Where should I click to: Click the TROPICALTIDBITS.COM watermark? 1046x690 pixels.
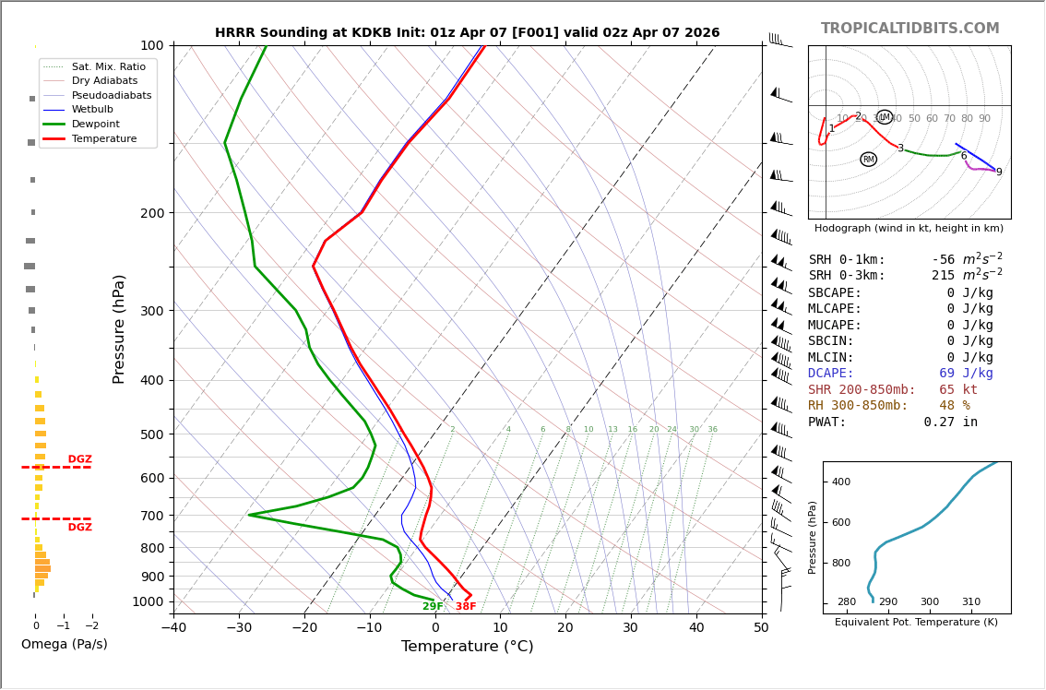[909, 29]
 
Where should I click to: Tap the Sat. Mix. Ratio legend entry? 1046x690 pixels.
[108, 66]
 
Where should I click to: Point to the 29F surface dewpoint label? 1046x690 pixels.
[433, 607]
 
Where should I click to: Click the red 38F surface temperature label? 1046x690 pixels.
[466, 607]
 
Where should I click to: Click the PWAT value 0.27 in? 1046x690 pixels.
[950, 422]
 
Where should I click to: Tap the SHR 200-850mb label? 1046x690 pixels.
[862, 390]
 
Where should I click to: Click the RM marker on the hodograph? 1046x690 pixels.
[868, 160]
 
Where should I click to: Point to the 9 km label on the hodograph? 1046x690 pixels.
[998, 172]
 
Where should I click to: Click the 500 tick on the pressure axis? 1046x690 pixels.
[151, 434]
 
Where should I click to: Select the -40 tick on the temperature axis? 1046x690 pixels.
[173, 628]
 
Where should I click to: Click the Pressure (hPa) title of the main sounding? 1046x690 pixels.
[119, 328]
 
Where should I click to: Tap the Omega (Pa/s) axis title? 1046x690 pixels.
[64, 645]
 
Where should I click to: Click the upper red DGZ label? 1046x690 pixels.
[79, 459]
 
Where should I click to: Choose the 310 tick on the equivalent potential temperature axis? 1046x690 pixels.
[970, 602]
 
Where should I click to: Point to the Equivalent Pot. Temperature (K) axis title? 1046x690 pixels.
[916, 623]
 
